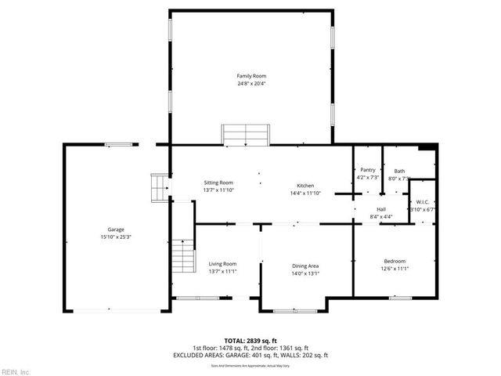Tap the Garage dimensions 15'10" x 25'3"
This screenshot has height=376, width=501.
(x=116, y=237)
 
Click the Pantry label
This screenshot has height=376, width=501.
(x=367, y=170)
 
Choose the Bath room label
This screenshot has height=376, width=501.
(x=399, y=171)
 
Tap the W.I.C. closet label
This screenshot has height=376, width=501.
(x=421, y=202)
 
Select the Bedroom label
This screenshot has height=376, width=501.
(x=395, y=261)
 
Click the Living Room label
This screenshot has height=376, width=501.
(x=222, y=264)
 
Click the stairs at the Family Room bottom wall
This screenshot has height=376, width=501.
(x=246, y=135)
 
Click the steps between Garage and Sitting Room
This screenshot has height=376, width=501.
(x=160, y=188)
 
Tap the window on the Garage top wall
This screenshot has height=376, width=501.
(x=119, y=143)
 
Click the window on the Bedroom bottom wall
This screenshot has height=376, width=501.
(x=400, y=298)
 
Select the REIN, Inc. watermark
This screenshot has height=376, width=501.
(x=16, y=371)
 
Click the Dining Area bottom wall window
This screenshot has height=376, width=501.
(x=294, y=311)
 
